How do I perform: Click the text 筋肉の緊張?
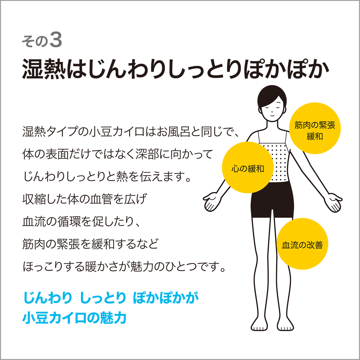315,125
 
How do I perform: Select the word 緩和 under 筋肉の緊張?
315,136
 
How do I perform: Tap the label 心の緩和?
248,169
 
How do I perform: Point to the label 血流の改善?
302,245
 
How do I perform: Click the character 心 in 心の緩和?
235,169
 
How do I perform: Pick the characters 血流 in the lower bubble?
290,245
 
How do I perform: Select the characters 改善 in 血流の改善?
315,245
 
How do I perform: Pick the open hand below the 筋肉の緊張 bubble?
333,201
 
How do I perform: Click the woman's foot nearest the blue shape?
259,324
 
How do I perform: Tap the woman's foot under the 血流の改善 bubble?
286,324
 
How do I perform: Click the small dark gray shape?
46,35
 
